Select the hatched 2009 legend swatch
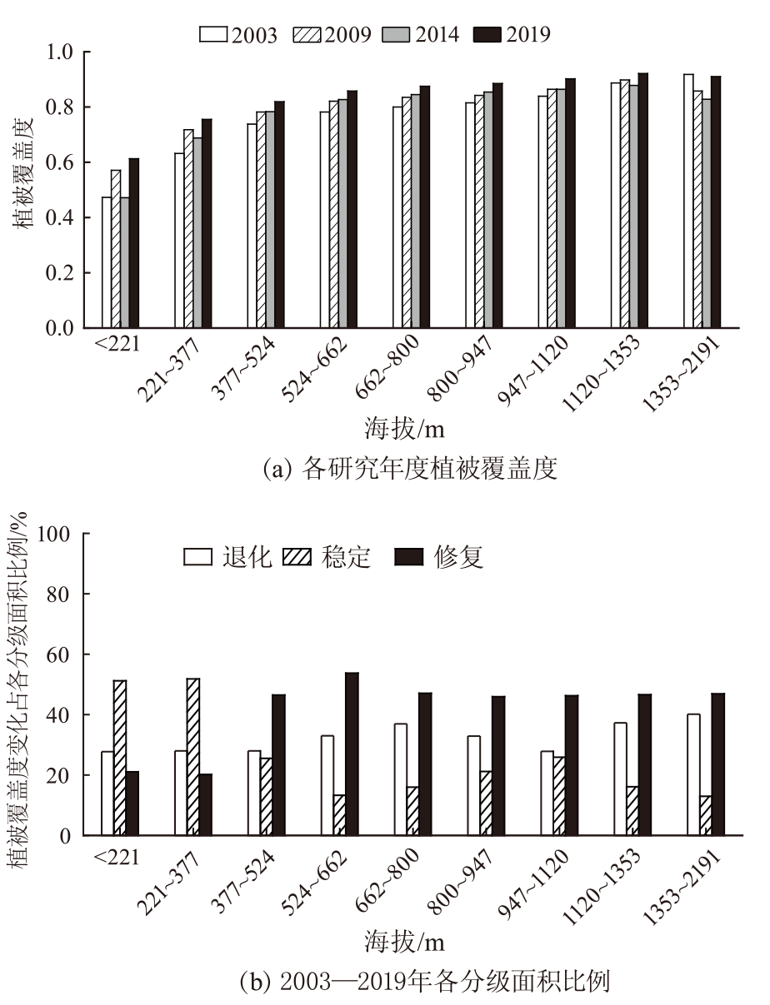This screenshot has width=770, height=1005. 310,34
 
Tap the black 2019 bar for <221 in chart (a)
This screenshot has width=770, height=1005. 133,243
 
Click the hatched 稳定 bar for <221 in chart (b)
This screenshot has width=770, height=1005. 120,758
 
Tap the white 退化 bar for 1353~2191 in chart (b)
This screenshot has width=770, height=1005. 694,774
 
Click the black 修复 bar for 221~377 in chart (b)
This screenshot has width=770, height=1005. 205,804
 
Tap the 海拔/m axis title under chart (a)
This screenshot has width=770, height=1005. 404,430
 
